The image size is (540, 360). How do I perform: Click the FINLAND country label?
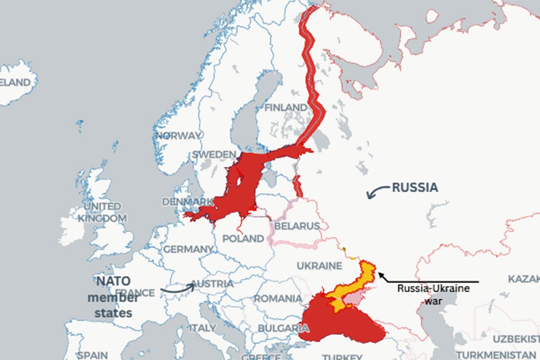tap(285, 108)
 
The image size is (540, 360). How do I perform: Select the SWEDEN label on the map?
tap(213, 154)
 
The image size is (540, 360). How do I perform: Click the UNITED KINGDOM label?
tap(102, 212)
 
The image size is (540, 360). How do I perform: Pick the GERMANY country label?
tap(188, 249)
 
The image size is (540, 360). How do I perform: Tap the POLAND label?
tap(243, 238)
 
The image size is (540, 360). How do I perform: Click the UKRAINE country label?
tap(319, 265)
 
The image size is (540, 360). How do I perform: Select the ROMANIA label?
tap(278, 298)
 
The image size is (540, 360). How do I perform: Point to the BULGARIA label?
tap(277, 328)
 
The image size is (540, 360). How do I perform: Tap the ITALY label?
tap(202, 328)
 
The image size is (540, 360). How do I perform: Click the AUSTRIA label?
tap(212, 284)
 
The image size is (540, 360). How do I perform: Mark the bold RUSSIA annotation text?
tap(414, 187)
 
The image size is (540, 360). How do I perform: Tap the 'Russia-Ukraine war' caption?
tap(433, 293)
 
